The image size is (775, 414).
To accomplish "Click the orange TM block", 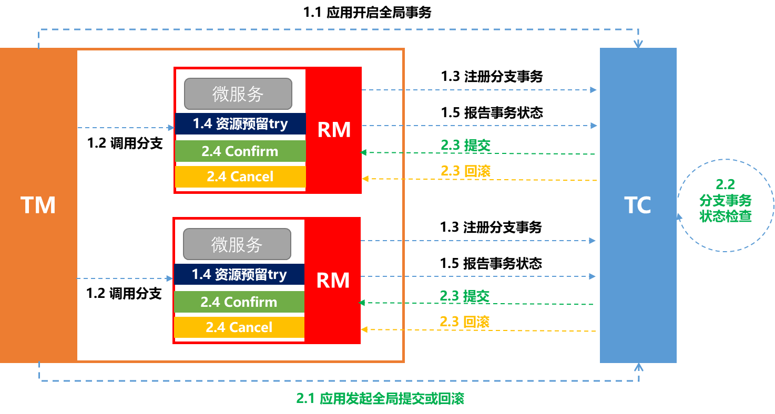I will click(38, 205).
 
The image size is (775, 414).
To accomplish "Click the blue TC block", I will click(638, 205).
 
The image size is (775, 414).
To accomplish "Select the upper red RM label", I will click(334, 130).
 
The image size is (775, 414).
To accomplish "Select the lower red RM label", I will click(333, 281).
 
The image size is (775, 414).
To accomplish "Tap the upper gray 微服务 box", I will click(238, 94).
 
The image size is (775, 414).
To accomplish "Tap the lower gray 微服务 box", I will click(237, 244).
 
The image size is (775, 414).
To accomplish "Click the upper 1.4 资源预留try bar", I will click(240, 124).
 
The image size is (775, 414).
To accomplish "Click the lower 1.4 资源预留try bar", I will click(239, 274).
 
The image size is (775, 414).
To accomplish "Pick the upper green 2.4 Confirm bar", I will click(240, 151).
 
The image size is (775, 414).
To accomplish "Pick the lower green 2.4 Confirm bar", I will click(239, 302).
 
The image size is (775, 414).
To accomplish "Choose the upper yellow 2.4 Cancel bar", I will click(240, 177).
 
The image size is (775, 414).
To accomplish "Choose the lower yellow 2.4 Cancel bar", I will click(239, 327).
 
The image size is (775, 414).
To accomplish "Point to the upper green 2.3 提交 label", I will click(465, 145).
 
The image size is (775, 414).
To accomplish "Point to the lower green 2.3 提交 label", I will click(464, 296).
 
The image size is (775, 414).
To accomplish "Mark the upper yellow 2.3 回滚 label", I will click(465, 170).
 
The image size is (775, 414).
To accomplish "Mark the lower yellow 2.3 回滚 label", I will click(464, 321).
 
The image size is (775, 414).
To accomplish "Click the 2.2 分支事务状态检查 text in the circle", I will click(726, 201).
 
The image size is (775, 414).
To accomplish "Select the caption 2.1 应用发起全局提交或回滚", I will click(380, 399).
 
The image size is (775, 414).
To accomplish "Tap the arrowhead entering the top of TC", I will click(638, 44).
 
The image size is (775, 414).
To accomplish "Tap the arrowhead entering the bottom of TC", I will click(638, 366).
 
